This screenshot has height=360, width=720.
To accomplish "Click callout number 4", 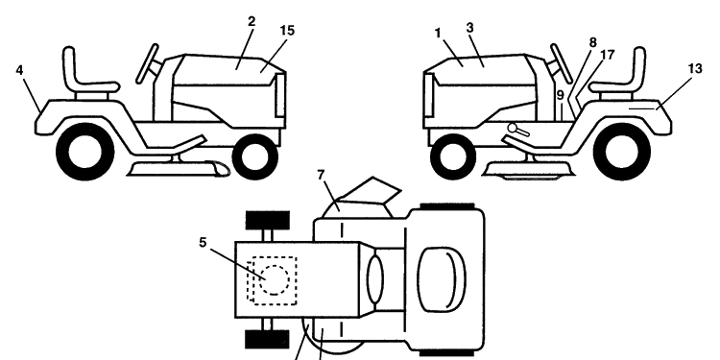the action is [19, 70].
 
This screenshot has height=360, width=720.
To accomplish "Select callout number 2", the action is [252, 21].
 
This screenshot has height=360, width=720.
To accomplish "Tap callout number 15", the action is [287, 31].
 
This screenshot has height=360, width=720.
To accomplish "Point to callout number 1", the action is [438, 33].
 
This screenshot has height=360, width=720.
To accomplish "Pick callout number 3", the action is [469, 28].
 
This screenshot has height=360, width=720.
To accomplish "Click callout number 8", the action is [593, 42].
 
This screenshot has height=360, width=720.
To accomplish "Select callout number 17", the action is [607, 55].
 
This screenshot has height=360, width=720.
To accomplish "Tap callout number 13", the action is [695, 69].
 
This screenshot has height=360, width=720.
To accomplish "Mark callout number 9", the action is [561, 95].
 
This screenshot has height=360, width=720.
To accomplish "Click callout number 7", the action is [321, 175].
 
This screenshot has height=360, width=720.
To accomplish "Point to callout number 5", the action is [203, 242].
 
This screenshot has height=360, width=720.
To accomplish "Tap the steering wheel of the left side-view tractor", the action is [148, 63].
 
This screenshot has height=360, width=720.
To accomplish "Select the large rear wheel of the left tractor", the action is [84, 152].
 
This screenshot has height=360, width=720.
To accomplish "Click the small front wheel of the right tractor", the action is [453, 156].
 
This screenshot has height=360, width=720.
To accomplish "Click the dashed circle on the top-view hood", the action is [275, 279].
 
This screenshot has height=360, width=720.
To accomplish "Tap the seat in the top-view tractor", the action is [442, 280].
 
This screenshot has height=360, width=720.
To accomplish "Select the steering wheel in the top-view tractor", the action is [375, 280].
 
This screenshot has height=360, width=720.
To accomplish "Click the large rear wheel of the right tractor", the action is [622, 152].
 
